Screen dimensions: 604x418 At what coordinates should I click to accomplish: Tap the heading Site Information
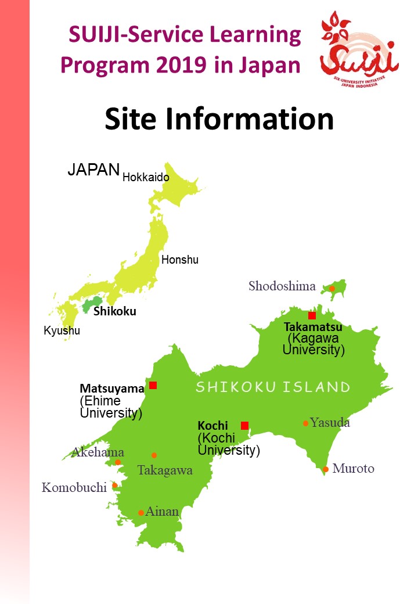(219, 118)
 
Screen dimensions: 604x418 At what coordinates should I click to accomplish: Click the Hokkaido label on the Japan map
(146, 177)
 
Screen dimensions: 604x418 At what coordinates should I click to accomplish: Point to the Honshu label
(179, 260)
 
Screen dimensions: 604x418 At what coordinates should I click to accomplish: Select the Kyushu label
(62, 331)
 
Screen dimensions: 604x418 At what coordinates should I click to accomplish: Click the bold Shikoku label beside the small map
(115, 311)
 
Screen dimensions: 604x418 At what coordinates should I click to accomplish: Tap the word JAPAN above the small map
(93, 170)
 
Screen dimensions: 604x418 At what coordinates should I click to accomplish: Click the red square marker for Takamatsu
(312, 315)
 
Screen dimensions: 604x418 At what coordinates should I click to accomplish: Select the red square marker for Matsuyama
(153, 385)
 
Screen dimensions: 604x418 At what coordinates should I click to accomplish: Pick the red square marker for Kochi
(244, 425)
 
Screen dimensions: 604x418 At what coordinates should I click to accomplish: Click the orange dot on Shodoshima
(332, 288)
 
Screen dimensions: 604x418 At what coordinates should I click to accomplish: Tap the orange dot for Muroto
(326, 469)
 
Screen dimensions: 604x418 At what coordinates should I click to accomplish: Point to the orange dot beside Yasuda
(305, 423)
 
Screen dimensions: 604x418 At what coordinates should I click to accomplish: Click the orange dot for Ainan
(141, 513)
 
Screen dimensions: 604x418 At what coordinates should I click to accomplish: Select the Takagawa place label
(165, 470)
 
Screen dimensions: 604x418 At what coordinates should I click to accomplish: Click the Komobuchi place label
(74, 487)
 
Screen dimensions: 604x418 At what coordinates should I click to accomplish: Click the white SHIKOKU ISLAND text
(273, 387)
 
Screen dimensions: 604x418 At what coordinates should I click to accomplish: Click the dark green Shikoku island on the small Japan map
(91, 305)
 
